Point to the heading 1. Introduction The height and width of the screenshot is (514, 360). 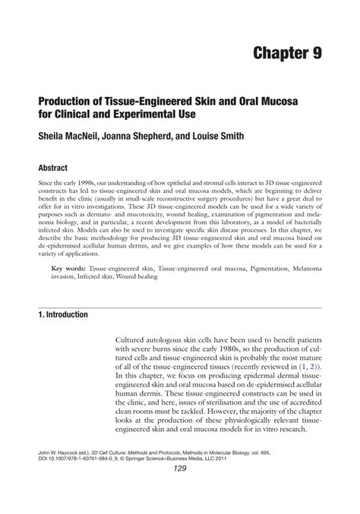point(61,314)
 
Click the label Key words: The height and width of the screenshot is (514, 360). point(68,270)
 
